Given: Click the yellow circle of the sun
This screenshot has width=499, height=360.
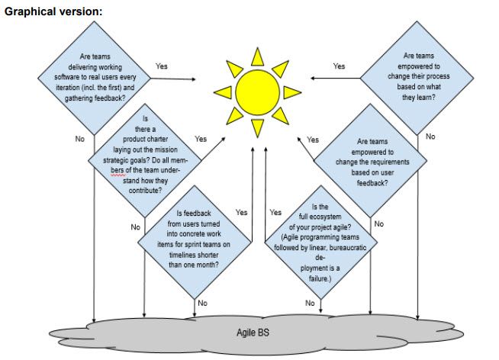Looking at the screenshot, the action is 257,92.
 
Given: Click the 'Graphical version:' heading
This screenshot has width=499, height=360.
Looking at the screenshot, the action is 53,11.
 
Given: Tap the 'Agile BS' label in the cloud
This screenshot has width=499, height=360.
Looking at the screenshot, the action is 253,333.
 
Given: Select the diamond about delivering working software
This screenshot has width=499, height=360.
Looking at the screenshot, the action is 94,78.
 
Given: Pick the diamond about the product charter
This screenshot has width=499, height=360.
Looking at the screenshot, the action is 145,160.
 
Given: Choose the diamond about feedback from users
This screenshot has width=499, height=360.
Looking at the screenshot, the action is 195,243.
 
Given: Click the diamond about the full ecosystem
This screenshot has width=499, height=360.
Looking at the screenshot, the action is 320,243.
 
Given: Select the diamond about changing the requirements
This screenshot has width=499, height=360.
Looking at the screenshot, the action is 370,161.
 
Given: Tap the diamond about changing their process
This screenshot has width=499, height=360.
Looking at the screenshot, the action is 417,78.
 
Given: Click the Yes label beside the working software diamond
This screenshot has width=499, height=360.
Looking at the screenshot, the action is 162,66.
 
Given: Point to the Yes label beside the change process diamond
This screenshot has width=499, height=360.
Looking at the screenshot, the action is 339,66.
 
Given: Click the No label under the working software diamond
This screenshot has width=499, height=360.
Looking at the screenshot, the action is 80,139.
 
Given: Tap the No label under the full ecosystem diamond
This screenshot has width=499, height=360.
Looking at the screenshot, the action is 310,303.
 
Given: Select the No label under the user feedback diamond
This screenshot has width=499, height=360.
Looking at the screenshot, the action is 202,303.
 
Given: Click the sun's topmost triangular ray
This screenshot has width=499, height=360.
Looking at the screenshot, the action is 257,57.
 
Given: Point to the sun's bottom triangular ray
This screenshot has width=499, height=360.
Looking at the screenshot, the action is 257,128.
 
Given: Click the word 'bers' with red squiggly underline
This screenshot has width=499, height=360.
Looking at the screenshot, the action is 118,170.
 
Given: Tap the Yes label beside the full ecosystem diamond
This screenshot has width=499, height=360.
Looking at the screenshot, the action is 275,213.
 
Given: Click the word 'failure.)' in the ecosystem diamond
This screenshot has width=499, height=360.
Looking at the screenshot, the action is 320,278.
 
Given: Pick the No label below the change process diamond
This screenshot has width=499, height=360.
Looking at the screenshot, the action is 430,137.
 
